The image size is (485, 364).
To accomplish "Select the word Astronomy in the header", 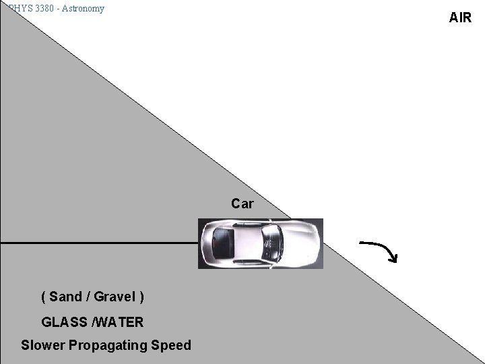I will click(x=82, y=8).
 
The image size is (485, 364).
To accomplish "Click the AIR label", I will click(x=460, y=18).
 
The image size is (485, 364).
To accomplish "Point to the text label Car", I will click(x=242, y=204).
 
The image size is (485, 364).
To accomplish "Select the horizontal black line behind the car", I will click(x=101, y=242).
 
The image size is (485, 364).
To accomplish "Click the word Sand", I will click(x=65, y=297).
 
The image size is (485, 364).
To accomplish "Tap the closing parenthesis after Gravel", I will click(x=141, y=297).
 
